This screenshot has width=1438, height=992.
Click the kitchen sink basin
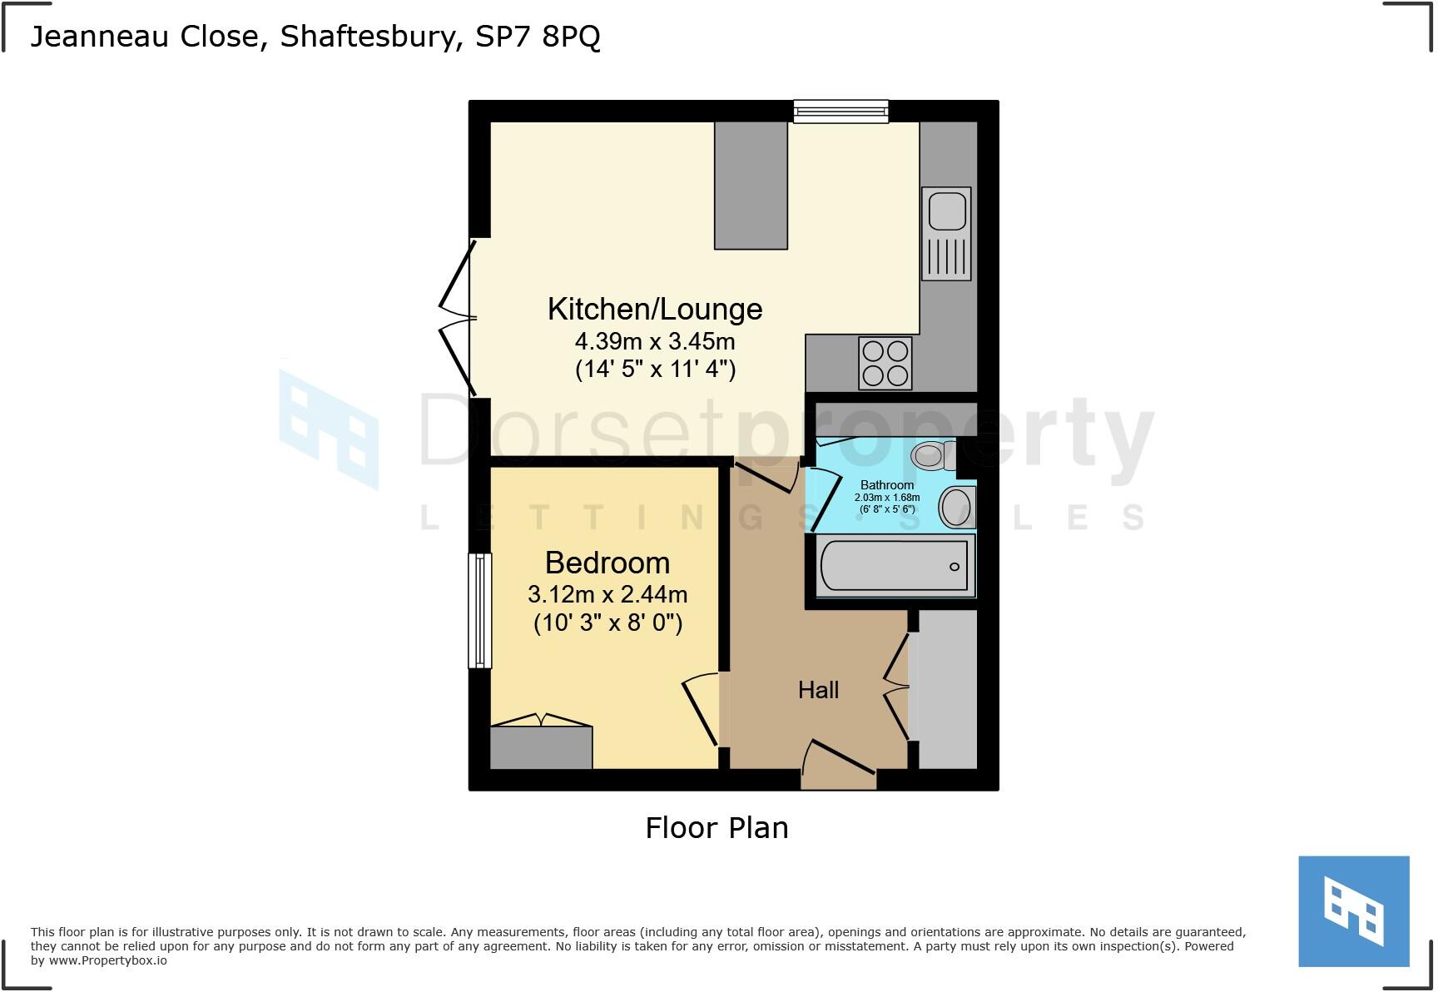(947, 210)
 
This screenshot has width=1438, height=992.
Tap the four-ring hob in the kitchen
(885, 363)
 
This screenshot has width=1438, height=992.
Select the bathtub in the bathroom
(895, 566)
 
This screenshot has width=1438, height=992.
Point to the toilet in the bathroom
(930, 455)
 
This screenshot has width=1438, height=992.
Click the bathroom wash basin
(957, 507)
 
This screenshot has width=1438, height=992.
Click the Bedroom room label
(607, 563)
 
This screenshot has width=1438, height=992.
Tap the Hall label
(818, 690)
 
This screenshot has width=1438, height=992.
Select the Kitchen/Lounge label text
(655, 309)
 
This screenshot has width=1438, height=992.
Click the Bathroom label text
(887, 485)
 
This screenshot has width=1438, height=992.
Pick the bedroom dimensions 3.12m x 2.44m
(607, 595)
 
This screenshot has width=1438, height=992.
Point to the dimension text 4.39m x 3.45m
(655, 341)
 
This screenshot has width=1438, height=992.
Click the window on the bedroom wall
(480, 611)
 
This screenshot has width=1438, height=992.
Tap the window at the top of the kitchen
(840, 112)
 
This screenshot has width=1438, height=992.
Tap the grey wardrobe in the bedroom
(541, 747)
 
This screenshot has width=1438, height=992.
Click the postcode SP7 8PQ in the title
(538, 37)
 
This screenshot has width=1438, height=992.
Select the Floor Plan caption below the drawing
(717, 828)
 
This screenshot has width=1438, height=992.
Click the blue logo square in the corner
(1354, 911)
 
